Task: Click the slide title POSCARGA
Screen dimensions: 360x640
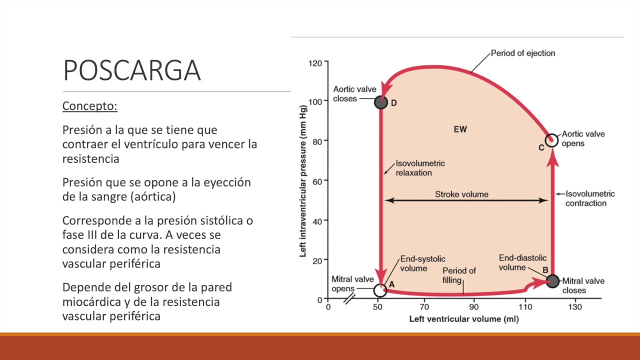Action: click(x=132, y=70)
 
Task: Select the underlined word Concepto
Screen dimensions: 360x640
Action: click(x=90, y=106)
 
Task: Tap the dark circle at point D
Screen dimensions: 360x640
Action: click(x=381, y=102)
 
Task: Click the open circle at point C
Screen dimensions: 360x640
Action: click(x=551, y=140)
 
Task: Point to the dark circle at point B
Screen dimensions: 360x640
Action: click(x=552, y=281)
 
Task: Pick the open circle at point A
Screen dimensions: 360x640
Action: click(x=380, y=290)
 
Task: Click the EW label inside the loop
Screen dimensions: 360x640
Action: click(x=460, y=129)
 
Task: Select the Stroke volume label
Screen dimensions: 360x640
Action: click(x=461, y=194)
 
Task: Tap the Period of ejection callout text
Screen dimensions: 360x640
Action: click(x=522, y=53)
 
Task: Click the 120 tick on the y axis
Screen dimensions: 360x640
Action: click(x=315, y=63)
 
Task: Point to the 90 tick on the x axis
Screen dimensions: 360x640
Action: click(x=473, y=306)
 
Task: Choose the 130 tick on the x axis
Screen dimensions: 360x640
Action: click(x=575, y=306)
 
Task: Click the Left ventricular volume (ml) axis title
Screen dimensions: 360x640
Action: click(x=463, y=318)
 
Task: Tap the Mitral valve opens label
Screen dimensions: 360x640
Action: click(x=352, y=284)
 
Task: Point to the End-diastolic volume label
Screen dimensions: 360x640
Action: click(x=522, y=262)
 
